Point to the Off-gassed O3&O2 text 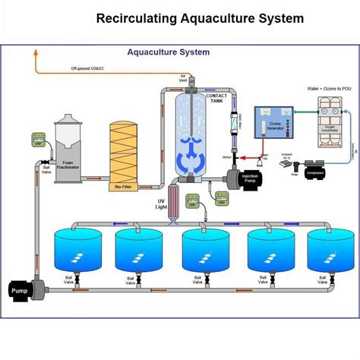tap(90, 68)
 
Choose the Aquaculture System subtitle tap(168, 53)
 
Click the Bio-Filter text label tap(124, 185)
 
